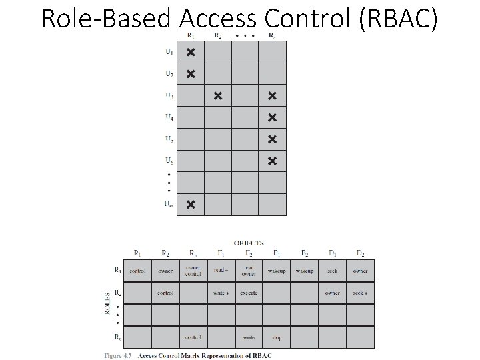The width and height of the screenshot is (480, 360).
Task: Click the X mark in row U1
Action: tap(191, 52)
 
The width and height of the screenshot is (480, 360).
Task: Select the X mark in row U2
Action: tap(191, 73)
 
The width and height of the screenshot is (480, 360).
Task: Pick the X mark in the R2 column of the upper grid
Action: tap(218, 96)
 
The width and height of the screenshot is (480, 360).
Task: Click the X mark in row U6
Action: tap(272, 161)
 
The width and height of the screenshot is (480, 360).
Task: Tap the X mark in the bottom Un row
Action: tap(191, 204)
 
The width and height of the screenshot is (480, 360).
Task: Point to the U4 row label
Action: tap(170, 117)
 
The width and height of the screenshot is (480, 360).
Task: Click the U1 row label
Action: tap(170, 52)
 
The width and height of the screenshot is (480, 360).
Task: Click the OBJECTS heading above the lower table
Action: tap(249, 243)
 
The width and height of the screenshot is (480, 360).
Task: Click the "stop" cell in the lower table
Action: tap(277, 337)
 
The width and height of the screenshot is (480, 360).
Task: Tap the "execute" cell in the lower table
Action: tap(249, 293)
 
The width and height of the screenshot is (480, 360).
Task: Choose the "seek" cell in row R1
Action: tap(332, 271)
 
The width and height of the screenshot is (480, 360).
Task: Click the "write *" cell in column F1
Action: tap(221, 293)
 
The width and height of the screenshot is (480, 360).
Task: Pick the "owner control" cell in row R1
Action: tap(193, 271)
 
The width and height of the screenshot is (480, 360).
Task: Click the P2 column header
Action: tap(304, 253)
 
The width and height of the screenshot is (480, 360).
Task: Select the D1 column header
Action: tap(332, 253)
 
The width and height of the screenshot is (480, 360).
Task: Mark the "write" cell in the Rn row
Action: tap(249, 337)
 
